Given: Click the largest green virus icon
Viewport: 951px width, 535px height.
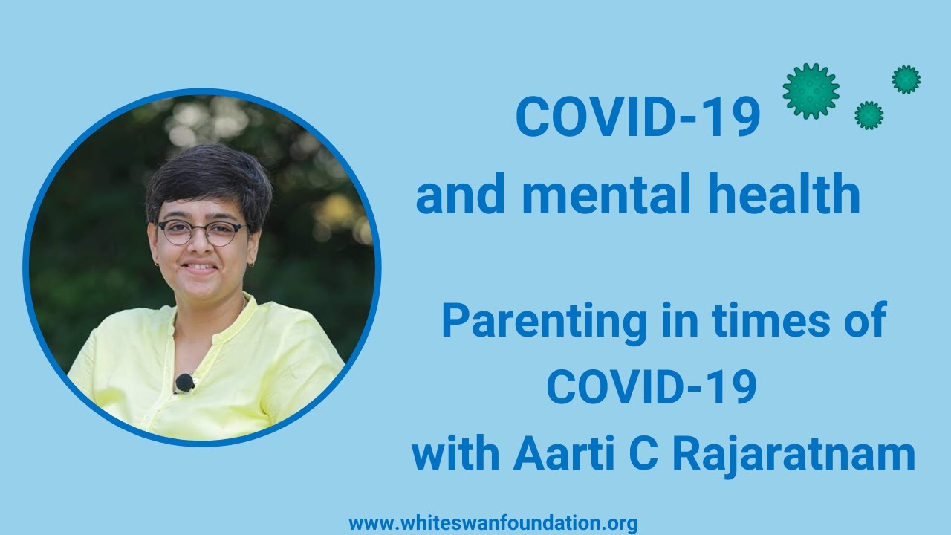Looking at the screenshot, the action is point(811,91).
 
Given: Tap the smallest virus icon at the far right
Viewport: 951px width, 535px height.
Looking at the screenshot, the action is point(906,80).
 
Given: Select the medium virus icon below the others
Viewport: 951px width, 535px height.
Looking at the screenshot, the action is point(869,115).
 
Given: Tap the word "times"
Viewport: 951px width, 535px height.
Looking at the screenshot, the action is point(770,321).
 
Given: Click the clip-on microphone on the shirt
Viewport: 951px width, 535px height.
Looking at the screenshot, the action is point(185,383).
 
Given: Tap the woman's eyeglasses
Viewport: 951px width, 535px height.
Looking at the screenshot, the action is point(203,233).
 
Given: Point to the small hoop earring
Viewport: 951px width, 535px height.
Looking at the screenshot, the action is point(252,265).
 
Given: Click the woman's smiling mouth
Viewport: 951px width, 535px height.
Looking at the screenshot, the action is point(198,267).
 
